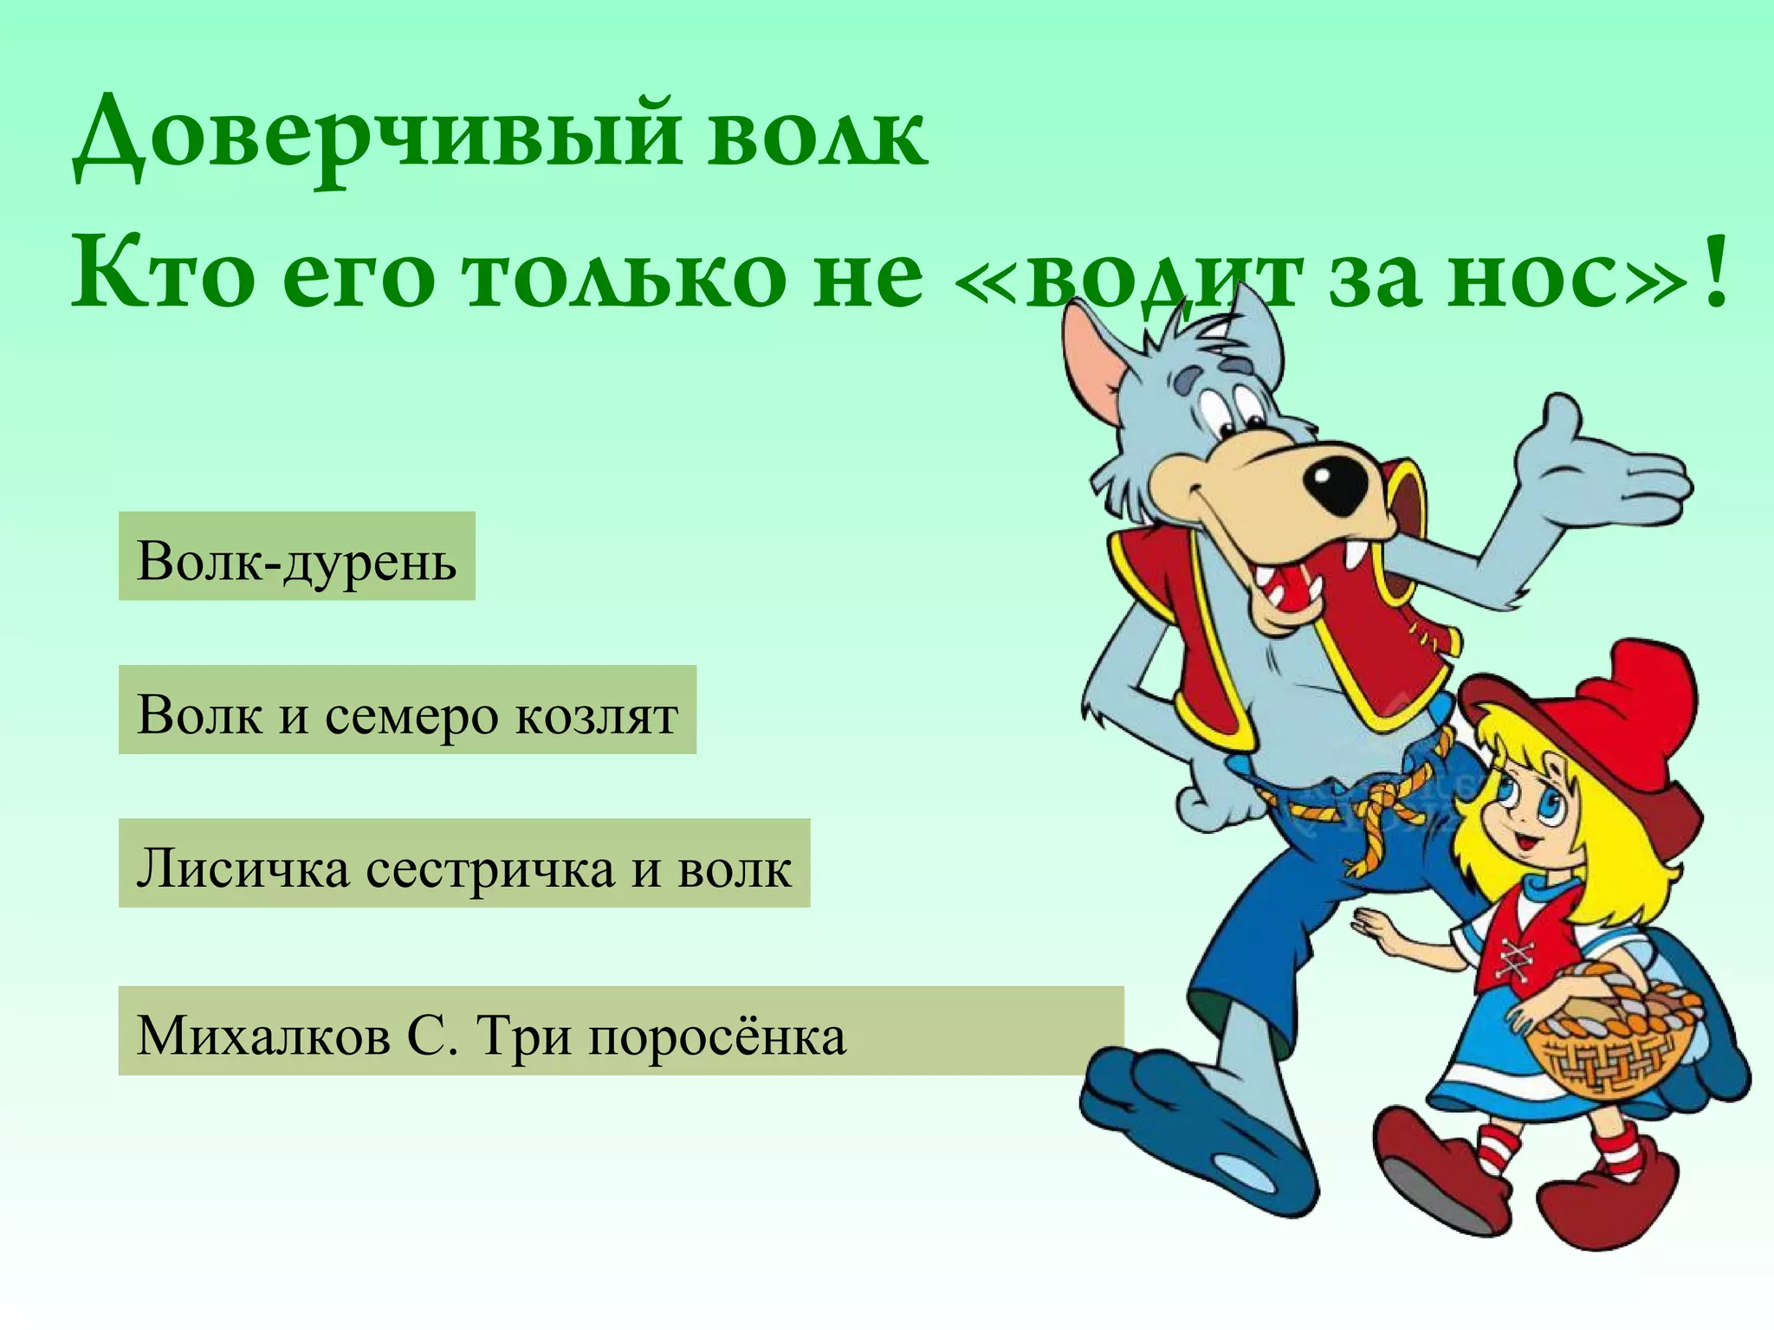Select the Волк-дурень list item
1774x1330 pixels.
[x=296, y=557]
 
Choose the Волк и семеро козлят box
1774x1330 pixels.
[x=407, y=710]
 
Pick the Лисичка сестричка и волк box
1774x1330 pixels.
[x=463, y=863]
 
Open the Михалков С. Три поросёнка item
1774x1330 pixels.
[x=620, y=1031]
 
